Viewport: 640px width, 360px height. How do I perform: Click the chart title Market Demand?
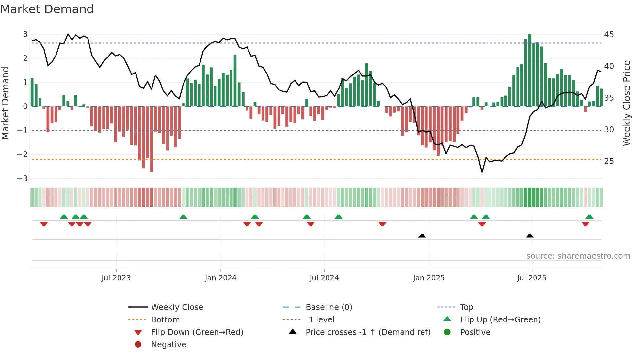[x=47, y=9]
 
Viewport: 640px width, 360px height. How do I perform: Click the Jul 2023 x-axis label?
[x=116, y=278]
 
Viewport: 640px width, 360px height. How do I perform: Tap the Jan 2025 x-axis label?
[x=429, y=278]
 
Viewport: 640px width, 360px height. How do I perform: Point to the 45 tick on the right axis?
[x=609, y=34]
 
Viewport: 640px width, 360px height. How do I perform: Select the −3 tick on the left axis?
[x=23, y=178]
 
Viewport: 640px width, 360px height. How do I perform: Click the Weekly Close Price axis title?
[x=626, y=103]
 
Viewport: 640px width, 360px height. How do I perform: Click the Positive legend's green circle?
[x=447, y=332]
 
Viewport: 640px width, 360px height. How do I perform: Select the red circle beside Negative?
[x=138, y=344]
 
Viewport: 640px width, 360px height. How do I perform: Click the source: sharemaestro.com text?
[x=578, y=256]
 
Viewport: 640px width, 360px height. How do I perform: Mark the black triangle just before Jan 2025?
[x=422, y=236]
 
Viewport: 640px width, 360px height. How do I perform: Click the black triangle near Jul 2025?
[x=530, y=236]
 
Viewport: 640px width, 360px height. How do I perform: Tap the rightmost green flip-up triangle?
[x=589, y=217]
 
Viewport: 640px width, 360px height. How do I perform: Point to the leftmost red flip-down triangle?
[x=44, y=224]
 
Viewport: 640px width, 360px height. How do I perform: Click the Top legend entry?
[x=466, y=307]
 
